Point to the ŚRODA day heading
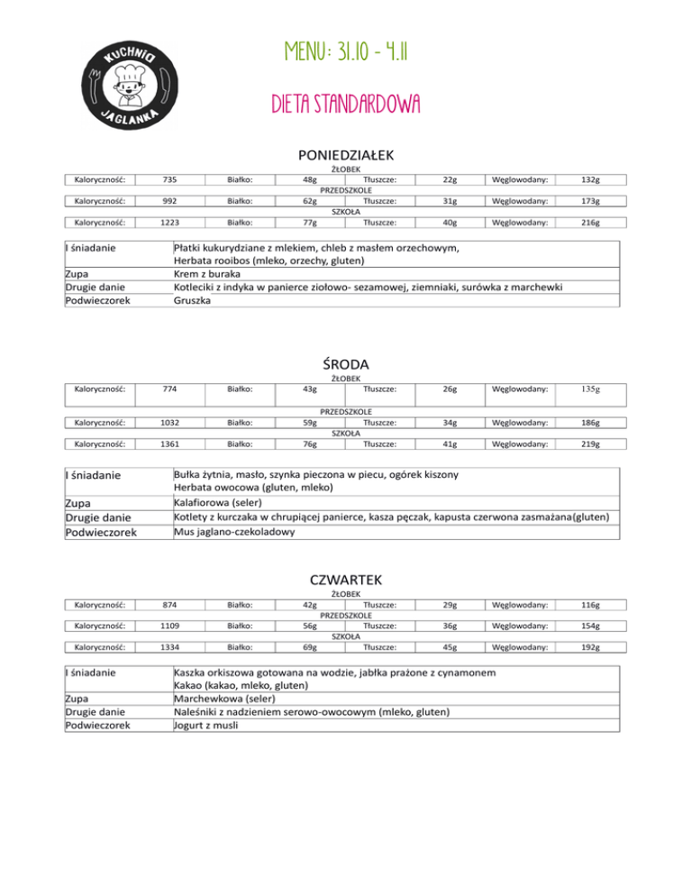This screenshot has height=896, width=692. [347, 363]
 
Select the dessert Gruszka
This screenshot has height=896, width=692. [193, 300]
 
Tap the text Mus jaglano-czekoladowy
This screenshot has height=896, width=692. [234, 532]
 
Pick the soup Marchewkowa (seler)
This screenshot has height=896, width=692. [225, 698]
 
